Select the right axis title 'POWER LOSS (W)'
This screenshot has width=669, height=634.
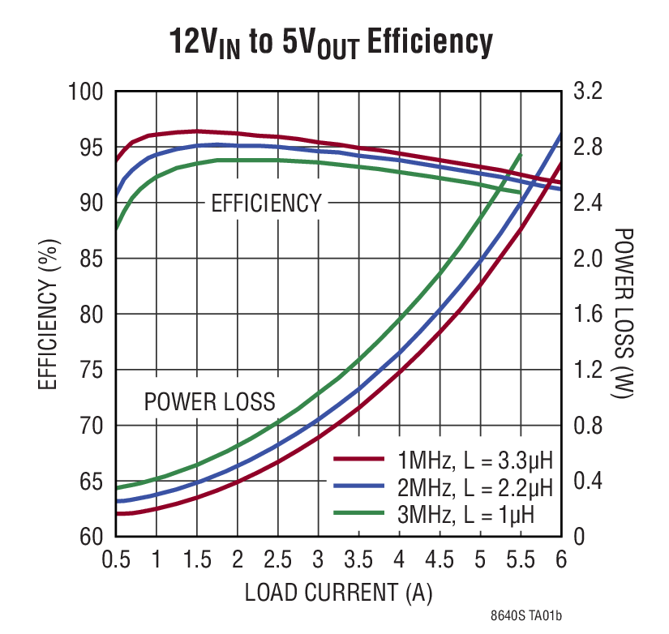pyautogui.click(x=624, y=314)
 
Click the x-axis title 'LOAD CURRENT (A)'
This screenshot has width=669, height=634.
pyautogui.click(x=339, y=593)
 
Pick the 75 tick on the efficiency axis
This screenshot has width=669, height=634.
pyautogui.click(x=92, y=370)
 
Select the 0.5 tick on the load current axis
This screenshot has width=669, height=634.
pyautogui.click(x=115, y=559)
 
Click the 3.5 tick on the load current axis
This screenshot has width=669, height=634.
pyautogui.click(x=358, y=559)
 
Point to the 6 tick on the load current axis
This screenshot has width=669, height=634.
pyautogui.click(x=560, y=559)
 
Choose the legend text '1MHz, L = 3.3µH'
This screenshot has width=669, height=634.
pyautogui.click(x=474, y=461)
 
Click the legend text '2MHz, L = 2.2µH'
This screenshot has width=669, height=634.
pyautogui.click(x=474, y=487)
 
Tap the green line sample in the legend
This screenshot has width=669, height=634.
pyautogui.click(x=358, y=512)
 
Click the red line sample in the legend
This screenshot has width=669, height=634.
pyautogui.click(x=358, y=460)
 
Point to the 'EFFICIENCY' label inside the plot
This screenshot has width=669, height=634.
pyautogui.click(x=266, y=203)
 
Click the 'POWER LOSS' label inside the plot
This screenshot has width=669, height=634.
pyautogui.click(x=209, y=401)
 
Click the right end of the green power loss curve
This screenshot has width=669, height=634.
pyautogui.click(x=521, y=155)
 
